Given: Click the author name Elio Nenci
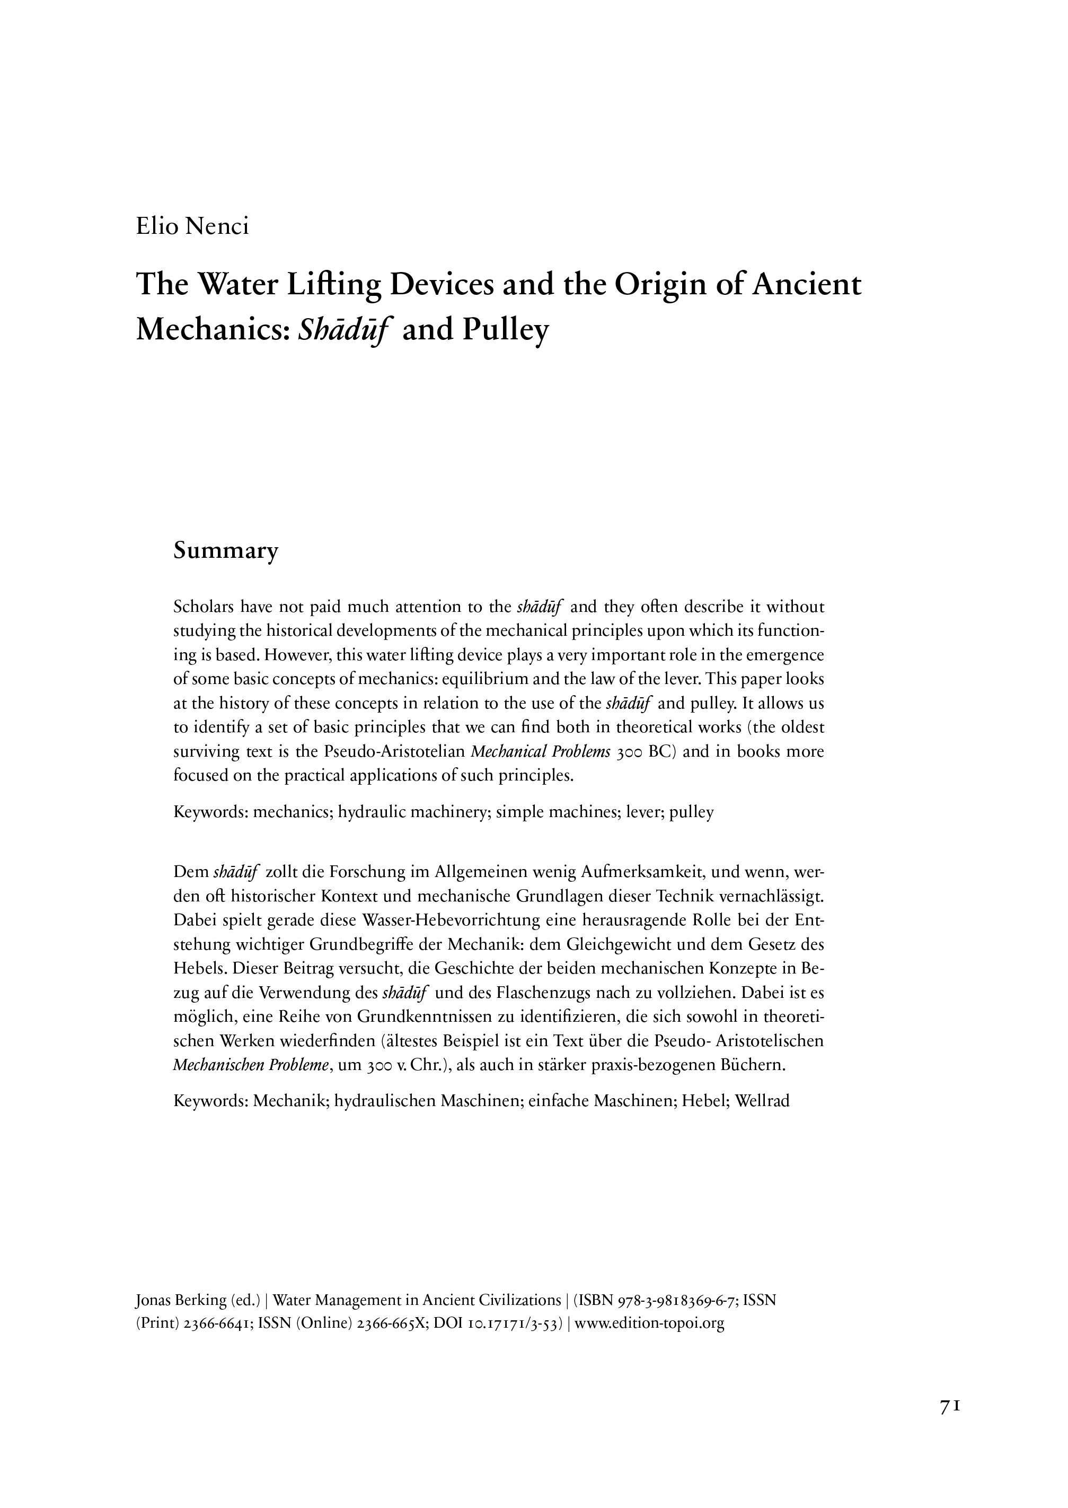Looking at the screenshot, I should click(x=192, y=226).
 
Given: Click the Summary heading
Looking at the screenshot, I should click(x=226, y=551).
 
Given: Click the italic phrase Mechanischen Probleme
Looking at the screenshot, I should click(x=251, y=1065).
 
